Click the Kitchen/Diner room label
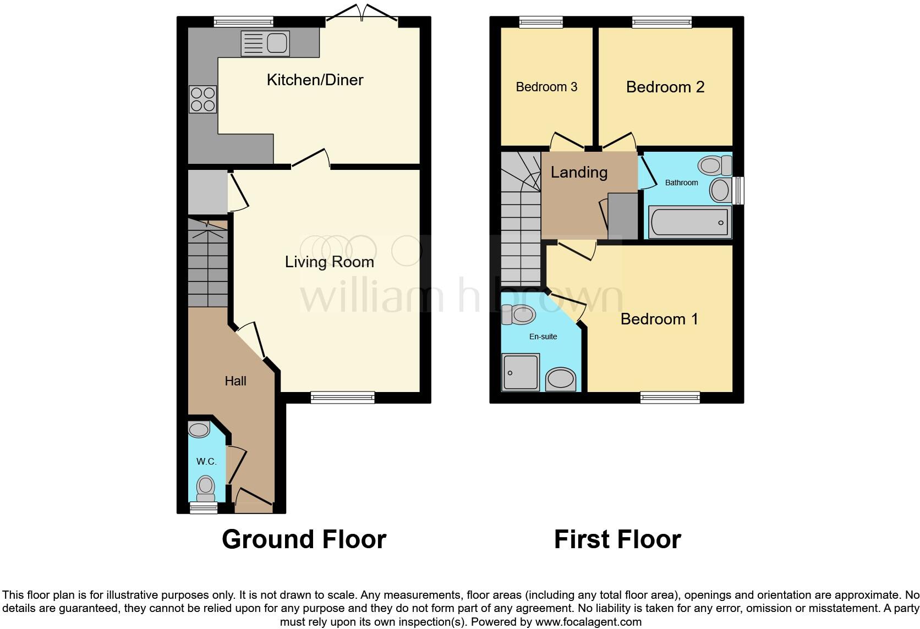point(315,80)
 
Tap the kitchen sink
point(265,43)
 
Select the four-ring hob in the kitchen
point(202,100)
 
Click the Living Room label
point(329,262)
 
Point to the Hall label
point(235,381)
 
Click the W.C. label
point(206,461)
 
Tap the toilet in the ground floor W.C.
point(205,486)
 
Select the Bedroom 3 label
point(546,87)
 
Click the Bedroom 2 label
point(665,87)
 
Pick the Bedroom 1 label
point(659,319)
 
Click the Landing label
point(579,172)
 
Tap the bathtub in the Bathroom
point(689,222)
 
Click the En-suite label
point(543,336)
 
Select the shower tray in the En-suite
point(520,373)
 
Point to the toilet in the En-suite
point(518,314)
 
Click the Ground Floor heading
point(304,539)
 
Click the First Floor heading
point(617,539)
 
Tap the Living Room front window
point(342,398)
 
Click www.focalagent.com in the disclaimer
point(588,622)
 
